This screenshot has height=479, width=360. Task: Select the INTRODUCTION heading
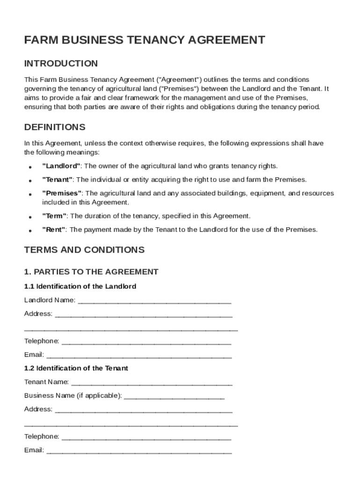[61, 64]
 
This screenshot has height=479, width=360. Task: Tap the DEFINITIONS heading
[55, 127]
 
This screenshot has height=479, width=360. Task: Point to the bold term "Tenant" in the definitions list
[58, 180]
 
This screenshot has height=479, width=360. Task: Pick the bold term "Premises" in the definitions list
[62, 193]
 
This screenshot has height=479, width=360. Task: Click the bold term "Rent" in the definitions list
[54, 230]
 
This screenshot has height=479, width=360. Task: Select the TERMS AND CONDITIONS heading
[84, 250]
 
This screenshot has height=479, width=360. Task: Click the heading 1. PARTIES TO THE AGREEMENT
[91, 272]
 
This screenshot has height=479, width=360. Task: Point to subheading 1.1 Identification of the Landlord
[80, 286]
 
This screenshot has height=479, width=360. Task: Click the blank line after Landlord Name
[154, 301]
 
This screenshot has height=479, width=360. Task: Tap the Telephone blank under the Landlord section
[146, 342]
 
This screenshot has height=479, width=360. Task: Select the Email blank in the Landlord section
[139, 356]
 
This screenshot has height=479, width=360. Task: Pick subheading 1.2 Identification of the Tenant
[76, 368]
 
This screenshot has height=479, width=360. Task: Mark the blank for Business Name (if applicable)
[174, 397]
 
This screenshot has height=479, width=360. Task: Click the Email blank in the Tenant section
[139, 451]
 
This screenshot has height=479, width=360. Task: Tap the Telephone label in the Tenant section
[42, 436]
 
